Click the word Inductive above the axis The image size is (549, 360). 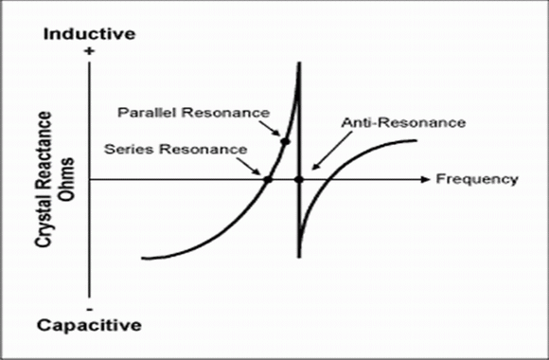click(x=89, y=34)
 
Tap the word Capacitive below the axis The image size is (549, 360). click(x=89, y=325)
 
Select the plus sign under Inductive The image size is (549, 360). click(x=90, y=51)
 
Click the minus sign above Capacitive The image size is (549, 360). click(x=90, y=310)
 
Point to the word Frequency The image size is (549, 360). click(x=477, y=179)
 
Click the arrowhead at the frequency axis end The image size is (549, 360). click(x=425, y=179)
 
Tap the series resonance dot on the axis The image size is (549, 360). click(x=268, y=179)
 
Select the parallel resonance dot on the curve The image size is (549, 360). click(x=285, y=141)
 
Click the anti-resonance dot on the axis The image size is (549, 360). click(x=299, y=179)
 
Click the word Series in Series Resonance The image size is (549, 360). click(x=129, y=149)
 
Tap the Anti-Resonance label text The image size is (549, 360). click(x=403, y=123)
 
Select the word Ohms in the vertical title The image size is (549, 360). click(x=66, y=179)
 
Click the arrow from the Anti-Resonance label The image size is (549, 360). click(x=332, y=151)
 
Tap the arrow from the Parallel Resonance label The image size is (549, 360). click(x=270, y=128)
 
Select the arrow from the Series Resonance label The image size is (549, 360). click(x=248, y=166)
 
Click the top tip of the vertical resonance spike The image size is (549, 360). click(x=299, y=63)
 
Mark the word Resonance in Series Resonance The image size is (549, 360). click(x=204, y=149)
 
